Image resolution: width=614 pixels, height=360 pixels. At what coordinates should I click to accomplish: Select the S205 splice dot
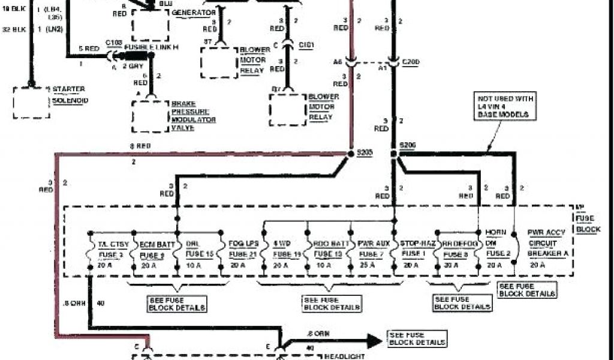click(x=351, y=154)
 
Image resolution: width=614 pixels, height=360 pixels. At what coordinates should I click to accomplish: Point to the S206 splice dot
click(x=393, y=154)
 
